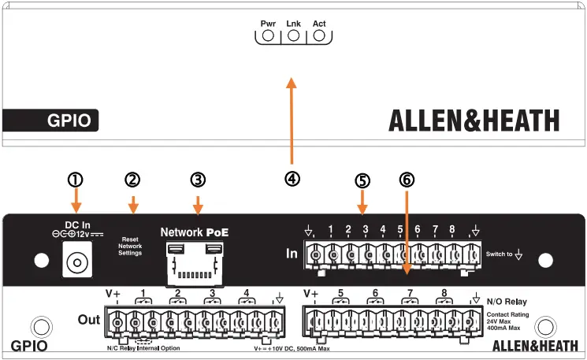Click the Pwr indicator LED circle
268,35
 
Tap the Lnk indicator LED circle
293,35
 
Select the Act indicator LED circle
319,35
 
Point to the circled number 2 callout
132,180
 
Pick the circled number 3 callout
198,180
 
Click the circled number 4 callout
292,179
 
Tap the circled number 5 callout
362,180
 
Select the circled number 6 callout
406,180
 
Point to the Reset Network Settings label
130,246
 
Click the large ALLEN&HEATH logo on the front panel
474,121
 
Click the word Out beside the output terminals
90,319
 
